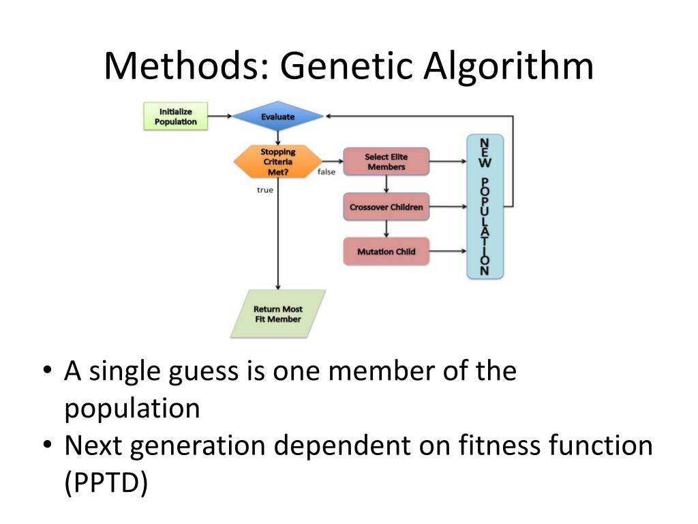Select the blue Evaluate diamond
(277, 117)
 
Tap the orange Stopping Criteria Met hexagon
(277, 162)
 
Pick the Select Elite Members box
(386, 162)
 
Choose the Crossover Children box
(386, 207)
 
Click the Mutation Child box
(386, 252)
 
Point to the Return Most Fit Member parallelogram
(278, 314)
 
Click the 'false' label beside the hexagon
(326, 172)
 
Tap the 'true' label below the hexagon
(264, 190)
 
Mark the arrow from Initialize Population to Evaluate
(219, 116)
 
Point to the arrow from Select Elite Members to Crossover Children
(386, 184)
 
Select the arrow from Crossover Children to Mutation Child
(386, 229)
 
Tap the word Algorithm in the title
(508, 67)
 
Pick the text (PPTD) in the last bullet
(106, 482)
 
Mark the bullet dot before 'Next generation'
(46, 444)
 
